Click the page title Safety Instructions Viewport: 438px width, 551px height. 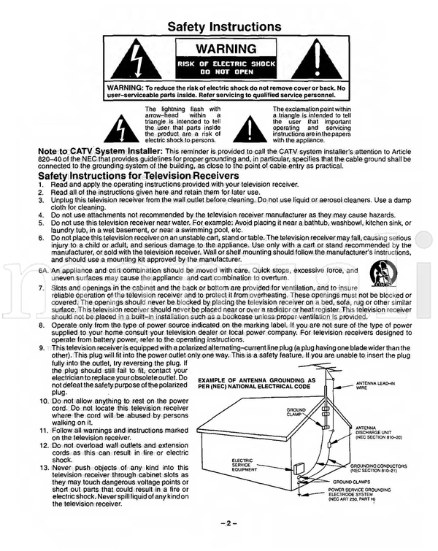coord(224,27)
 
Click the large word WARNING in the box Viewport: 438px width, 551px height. coord(224,49)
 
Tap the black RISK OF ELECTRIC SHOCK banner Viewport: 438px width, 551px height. coord(224,69)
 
